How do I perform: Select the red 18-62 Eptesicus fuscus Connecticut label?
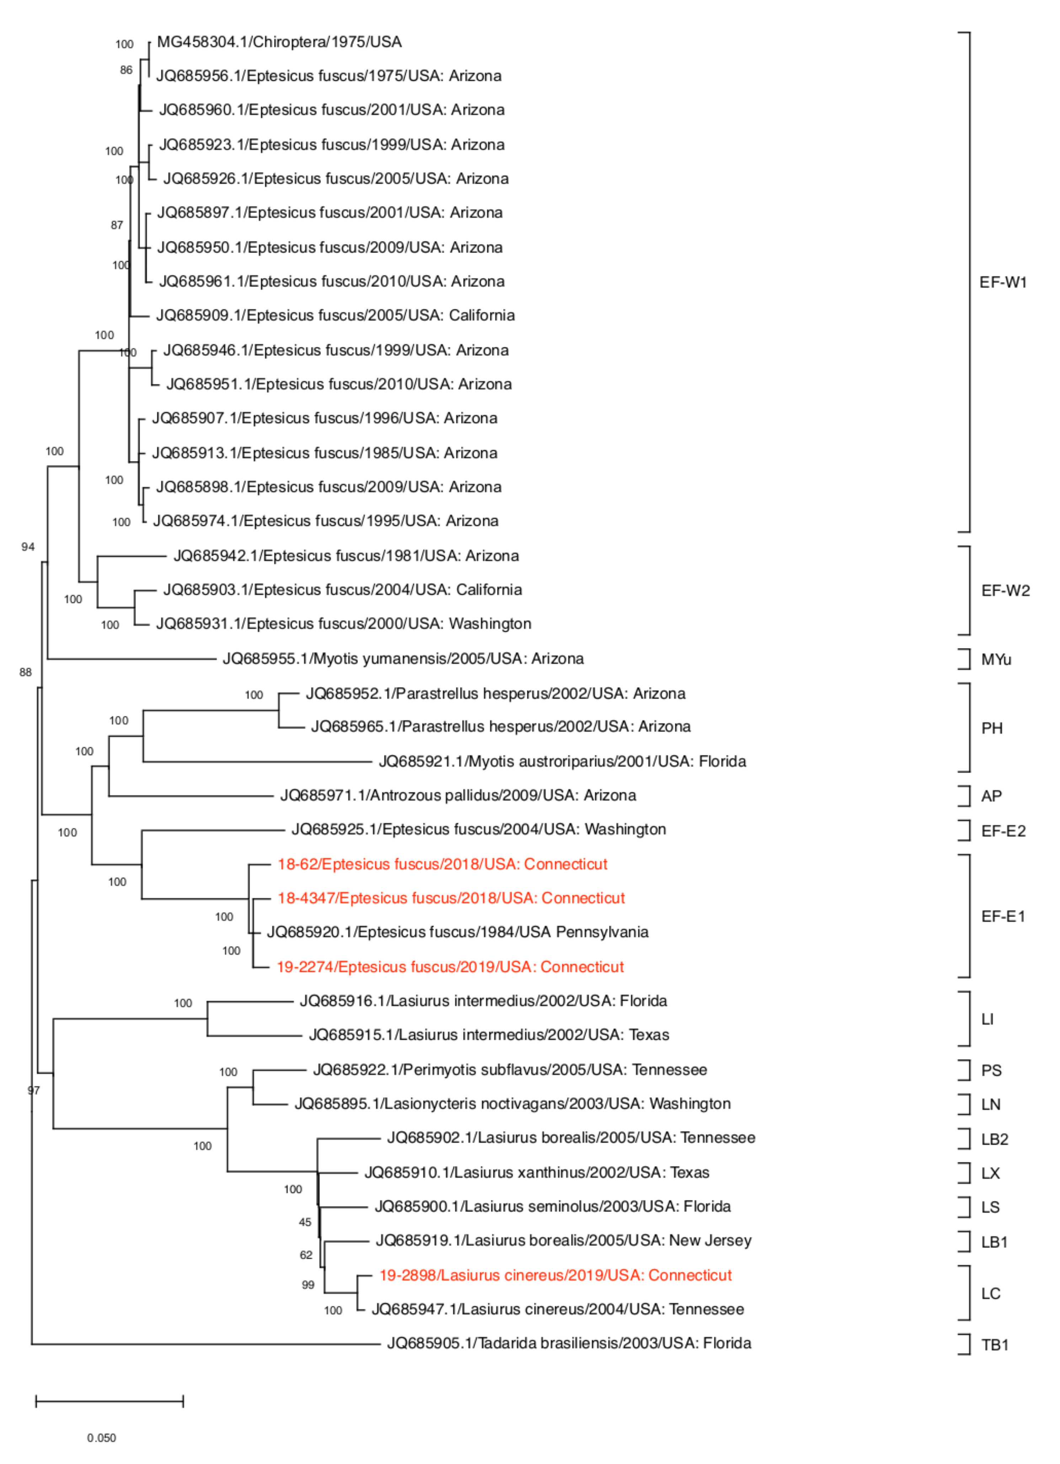pos(442,864)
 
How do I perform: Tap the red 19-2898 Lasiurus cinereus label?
pos(555,1276)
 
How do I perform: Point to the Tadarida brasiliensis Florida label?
pos(569,1343)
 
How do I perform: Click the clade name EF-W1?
pos(1002,283)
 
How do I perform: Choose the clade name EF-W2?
pos(1005,591)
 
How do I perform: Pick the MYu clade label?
pos(996,660)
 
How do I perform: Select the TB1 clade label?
pos(994,1345)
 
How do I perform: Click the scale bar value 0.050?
pos(101,1438)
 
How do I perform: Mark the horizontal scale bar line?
pos(110,1401)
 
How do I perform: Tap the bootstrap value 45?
pos(305,1223)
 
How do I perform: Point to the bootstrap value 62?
pos(306,1255)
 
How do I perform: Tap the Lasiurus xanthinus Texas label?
pos(536,1173)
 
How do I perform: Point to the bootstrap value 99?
pos(308,1285)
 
